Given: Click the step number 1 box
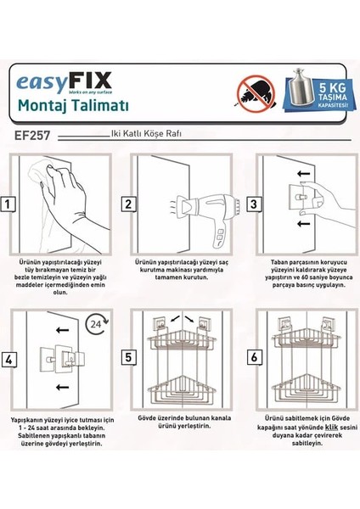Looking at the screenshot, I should click(9, 204).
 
